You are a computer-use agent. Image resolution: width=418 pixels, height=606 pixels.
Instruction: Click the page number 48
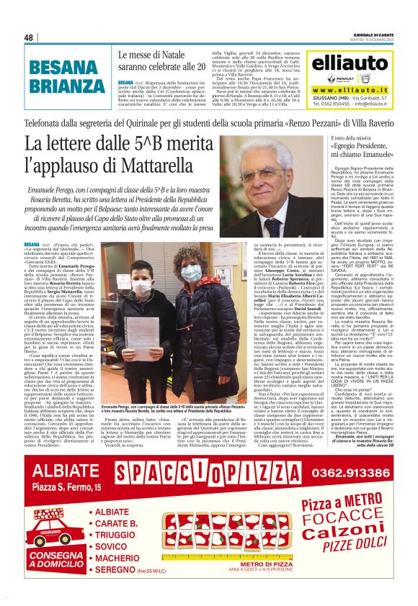point(29,37)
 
